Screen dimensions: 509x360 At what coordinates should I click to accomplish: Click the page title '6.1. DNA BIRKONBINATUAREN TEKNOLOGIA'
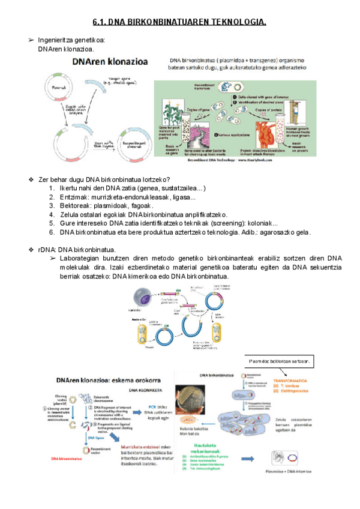tap(179, 23)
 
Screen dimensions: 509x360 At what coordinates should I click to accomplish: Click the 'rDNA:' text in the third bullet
tap(46, 249)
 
